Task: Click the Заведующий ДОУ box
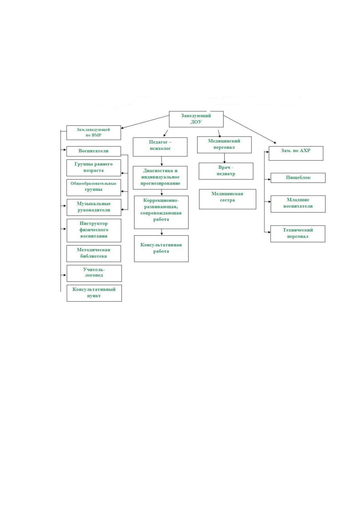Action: (x=196, y=119)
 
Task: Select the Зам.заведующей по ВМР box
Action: (x=94, y=133)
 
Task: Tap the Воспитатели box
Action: (x=94, y=151)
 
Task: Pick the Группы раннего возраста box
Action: (x=94, y=168)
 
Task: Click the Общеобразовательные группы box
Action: (x=94, y=188)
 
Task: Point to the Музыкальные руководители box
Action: (x=94, y=207)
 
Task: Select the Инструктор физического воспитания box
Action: (x=94, y=231)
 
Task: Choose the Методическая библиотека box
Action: (x=94, y=254)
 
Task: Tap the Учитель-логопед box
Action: (x=94, y=273)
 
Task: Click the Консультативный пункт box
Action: (x=94, y=293)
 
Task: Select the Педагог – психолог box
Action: (x=160, y=147)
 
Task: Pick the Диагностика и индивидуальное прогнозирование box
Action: (x=160, y=178)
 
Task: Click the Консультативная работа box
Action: (x=161, y=249)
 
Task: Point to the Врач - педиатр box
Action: (x=226, y=171)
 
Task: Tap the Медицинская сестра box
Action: (x=228, y=199)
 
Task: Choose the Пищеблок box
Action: (x=298, y=178)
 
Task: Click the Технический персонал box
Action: (x=298, y=234)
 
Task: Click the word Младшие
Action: (x=298, y=200)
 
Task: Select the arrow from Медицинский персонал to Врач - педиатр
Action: (x=225, y=158)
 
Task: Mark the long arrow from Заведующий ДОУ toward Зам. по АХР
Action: (x=250, y=130)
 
